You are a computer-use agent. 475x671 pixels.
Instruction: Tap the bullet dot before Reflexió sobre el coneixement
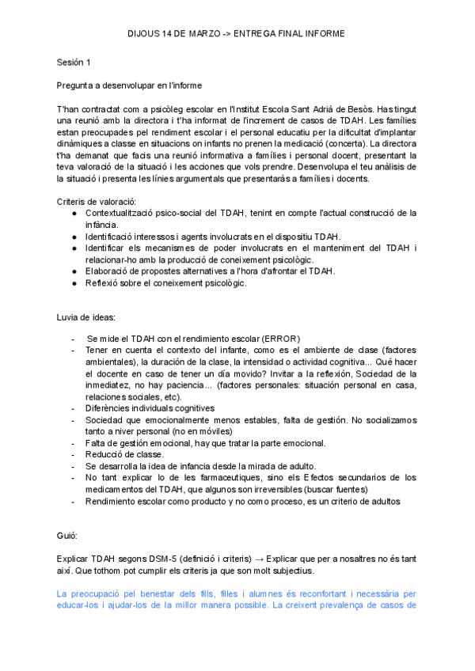click(74, 283)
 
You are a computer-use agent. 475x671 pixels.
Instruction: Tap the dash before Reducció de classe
click(74, 454)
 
